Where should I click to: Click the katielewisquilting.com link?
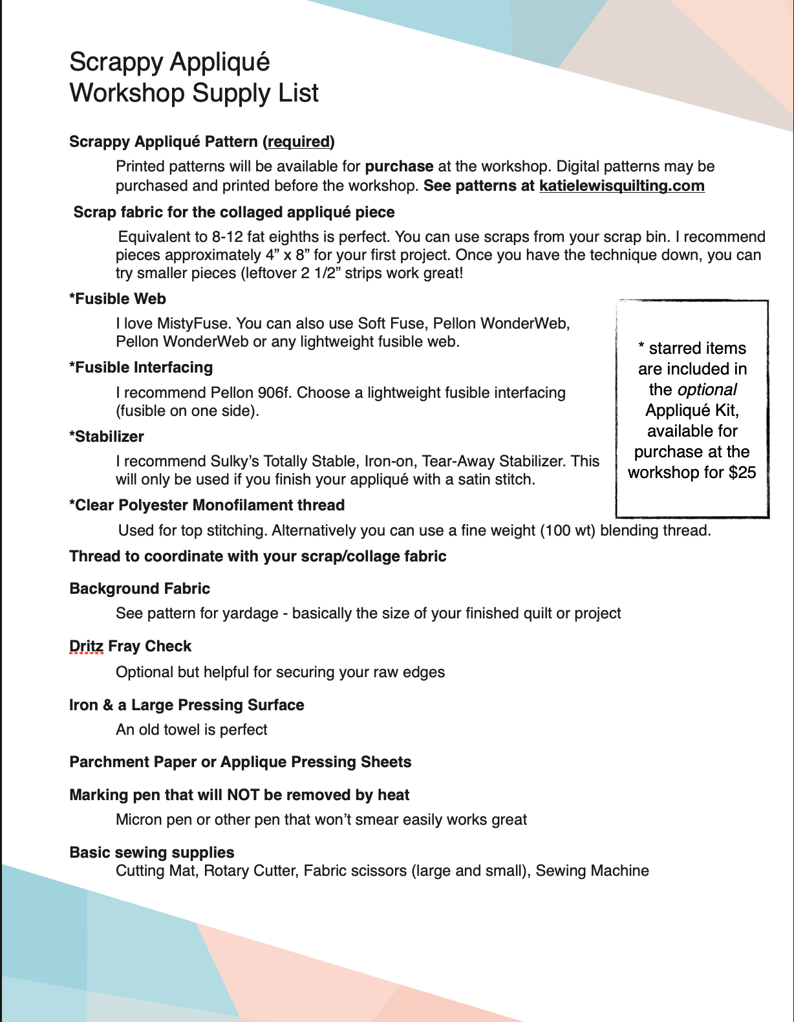click(621, 186)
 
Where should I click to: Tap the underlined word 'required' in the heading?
click(299, 142)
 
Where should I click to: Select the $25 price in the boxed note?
click(742, 473)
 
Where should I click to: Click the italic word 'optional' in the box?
click(707, 390)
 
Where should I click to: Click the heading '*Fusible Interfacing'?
click(141, 367)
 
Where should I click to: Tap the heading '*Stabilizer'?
click(107, 437)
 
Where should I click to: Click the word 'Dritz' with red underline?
click(86, 646)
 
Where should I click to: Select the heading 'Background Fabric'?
click(140, 589)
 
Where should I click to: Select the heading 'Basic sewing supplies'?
click(152, 853)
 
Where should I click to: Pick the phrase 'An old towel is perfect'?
click(191, 730)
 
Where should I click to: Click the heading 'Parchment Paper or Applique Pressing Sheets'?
click(240, 762)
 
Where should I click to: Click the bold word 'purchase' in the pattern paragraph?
click(399, 167)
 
